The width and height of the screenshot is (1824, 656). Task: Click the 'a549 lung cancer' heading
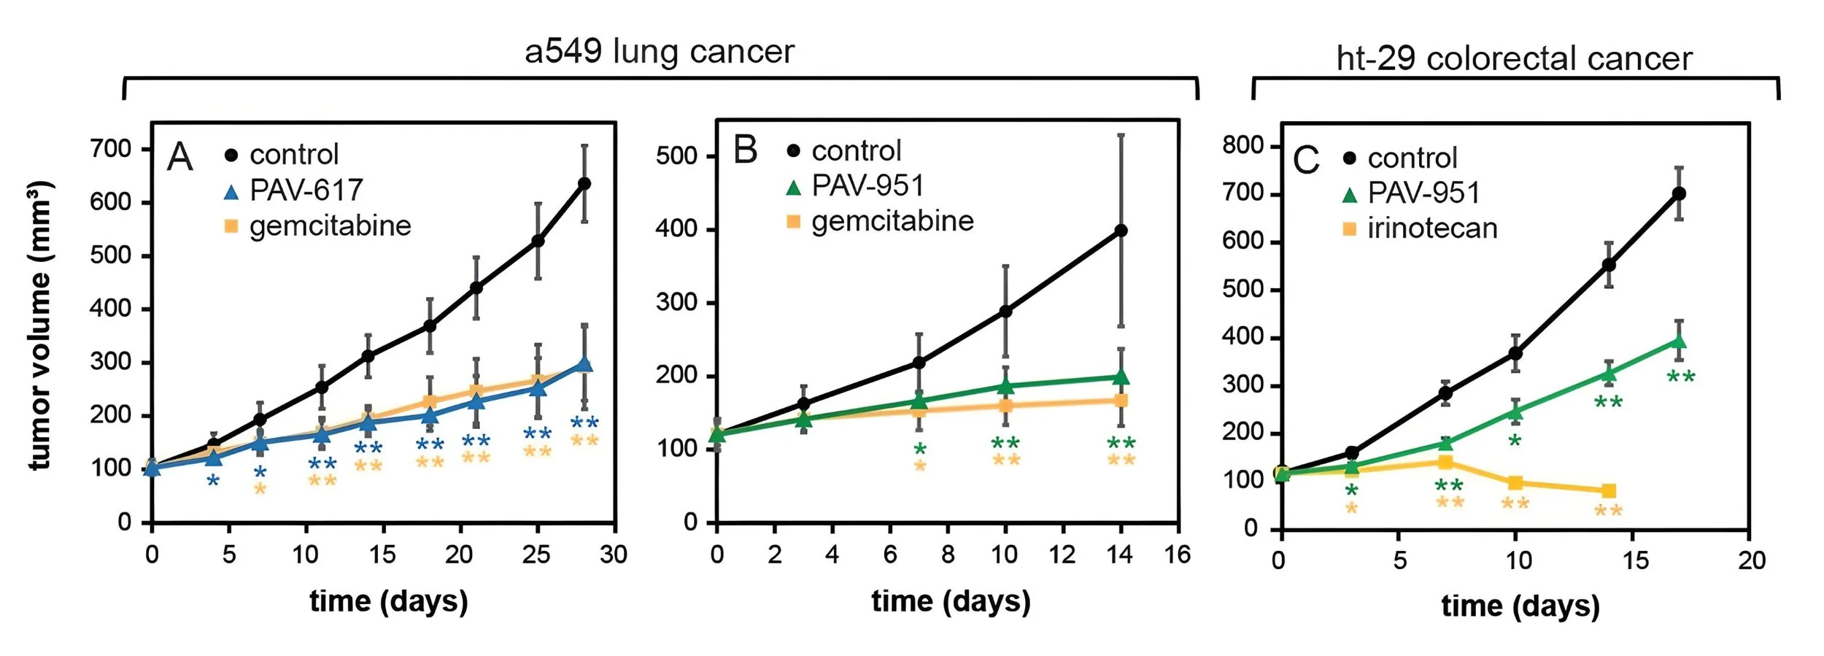coord(660,52)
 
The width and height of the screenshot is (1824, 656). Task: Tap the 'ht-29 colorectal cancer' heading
coord(1514,58)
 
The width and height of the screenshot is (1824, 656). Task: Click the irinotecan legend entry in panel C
coord(1420,228)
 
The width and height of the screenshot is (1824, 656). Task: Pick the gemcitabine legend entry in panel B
coord(880,221)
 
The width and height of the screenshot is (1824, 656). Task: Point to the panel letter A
coord(179,157)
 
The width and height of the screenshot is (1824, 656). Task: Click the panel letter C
coord(1306,161)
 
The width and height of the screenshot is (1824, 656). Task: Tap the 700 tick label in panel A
coord(110,149)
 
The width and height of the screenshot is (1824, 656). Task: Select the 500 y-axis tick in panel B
coord(676,156)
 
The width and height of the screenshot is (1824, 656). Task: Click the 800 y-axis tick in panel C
coord(1243,145)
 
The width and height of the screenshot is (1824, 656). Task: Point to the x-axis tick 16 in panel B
coord(1177,555)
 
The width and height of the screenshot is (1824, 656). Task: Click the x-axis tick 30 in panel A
coord(614,555)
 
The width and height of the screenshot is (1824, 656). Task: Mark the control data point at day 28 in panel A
coord(584,183)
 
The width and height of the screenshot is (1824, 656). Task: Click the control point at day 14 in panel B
coord(1121,231)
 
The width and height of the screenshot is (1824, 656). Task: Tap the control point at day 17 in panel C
coord(1679,193)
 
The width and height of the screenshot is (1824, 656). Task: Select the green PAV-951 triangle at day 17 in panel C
coord(1679,341)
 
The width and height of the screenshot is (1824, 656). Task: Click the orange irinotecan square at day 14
coord(1609,490)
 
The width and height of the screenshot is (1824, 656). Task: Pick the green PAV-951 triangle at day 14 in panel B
coord(1121,377)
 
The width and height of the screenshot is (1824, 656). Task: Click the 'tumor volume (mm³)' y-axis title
coord(40,325)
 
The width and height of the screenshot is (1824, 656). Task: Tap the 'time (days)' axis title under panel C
coord(1520,606)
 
